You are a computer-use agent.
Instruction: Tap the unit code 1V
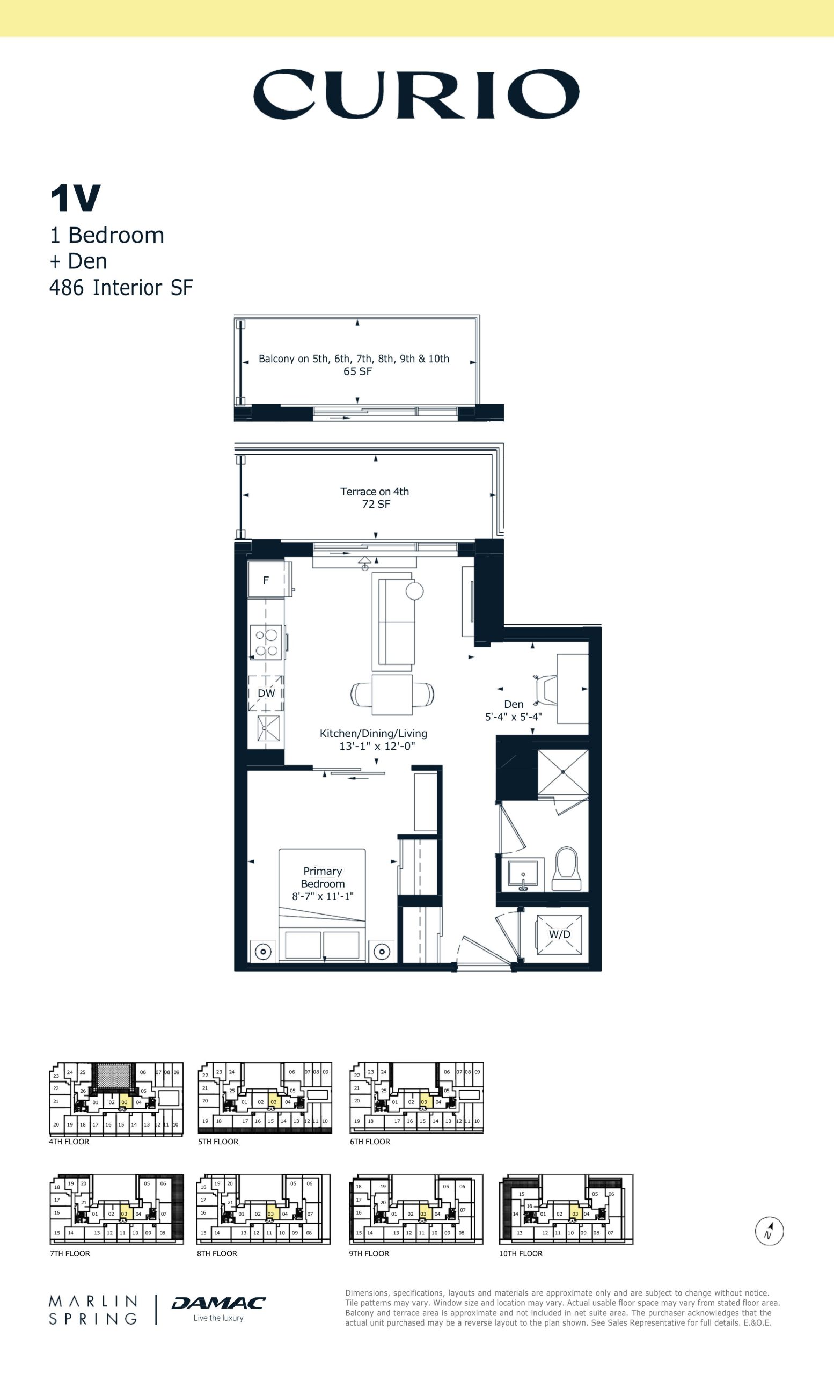click(75, 199)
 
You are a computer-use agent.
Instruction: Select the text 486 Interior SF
click(121, 288)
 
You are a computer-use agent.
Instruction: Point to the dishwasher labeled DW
click(266, 693)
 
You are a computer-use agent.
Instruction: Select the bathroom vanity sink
click(523, 875)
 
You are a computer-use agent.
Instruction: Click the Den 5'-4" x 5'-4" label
click(514, 711)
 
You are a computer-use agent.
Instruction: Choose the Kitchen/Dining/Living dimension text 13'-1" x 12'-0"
click(377, 746)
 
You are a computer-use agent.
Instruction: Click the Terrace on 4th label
click(375, 491)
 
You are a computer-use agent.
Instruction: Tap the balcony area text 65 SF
click(357, 371)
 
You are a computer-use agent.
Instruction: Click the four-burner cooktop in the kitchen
click(266, 642)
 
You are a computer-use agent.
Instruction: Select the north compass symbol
click(770, 1231)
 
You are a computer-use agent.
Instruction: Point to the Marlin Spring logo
click(93, 1310)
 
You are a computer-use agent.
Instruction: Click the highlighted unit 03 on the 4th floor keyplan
click(125, 1102)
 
